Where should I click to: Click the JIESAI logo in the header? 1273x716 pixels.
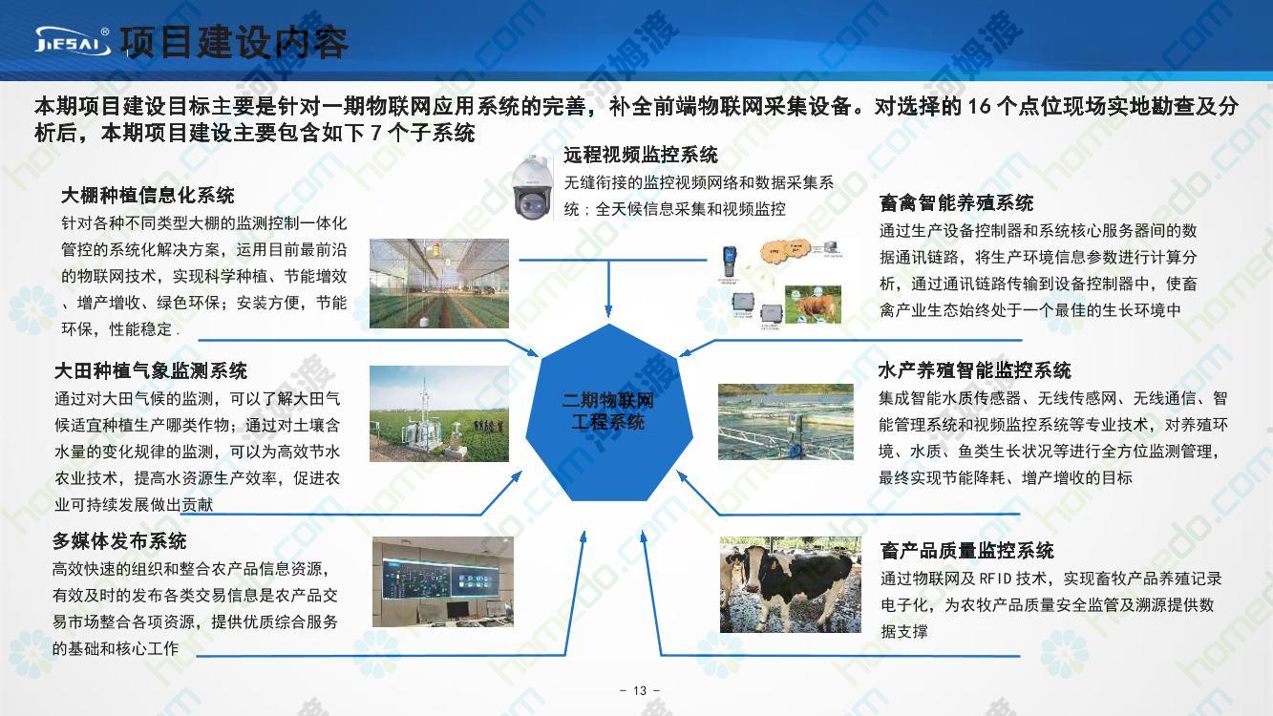(73, 41)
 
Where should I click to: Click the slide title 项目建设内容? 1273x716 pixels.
(234, 42)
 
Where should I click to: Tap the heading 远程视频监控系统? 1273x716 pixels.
(641, 155)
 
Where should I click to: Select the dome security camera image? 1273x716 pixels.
(531, 187)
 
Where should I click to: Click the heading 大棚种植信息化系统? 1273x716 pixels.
(148, 196)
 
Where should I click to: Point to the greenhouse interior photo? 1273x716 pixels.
(439, 283)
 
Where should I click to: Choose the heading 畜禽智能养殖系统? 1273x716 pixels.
(957, 202)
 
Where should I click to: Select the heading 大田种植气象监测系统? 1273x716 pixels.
(151, 371)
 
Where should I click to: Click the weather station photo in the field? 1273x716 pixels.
(439, 413)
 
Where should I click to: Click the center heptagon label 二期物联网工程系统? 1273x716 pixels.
(608, 411)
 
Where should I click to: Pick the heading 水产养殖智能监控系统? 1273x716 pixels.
(975, 370)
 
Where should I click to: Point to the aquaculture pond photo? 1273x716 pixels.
(786, 422)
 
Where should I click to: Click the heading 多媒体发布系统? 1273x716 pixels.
(119, 541)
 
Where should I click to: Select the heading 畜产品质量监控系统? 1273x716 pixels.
(967, 551)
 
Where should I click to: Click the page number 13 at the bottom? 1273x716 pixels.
(640, 690)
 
